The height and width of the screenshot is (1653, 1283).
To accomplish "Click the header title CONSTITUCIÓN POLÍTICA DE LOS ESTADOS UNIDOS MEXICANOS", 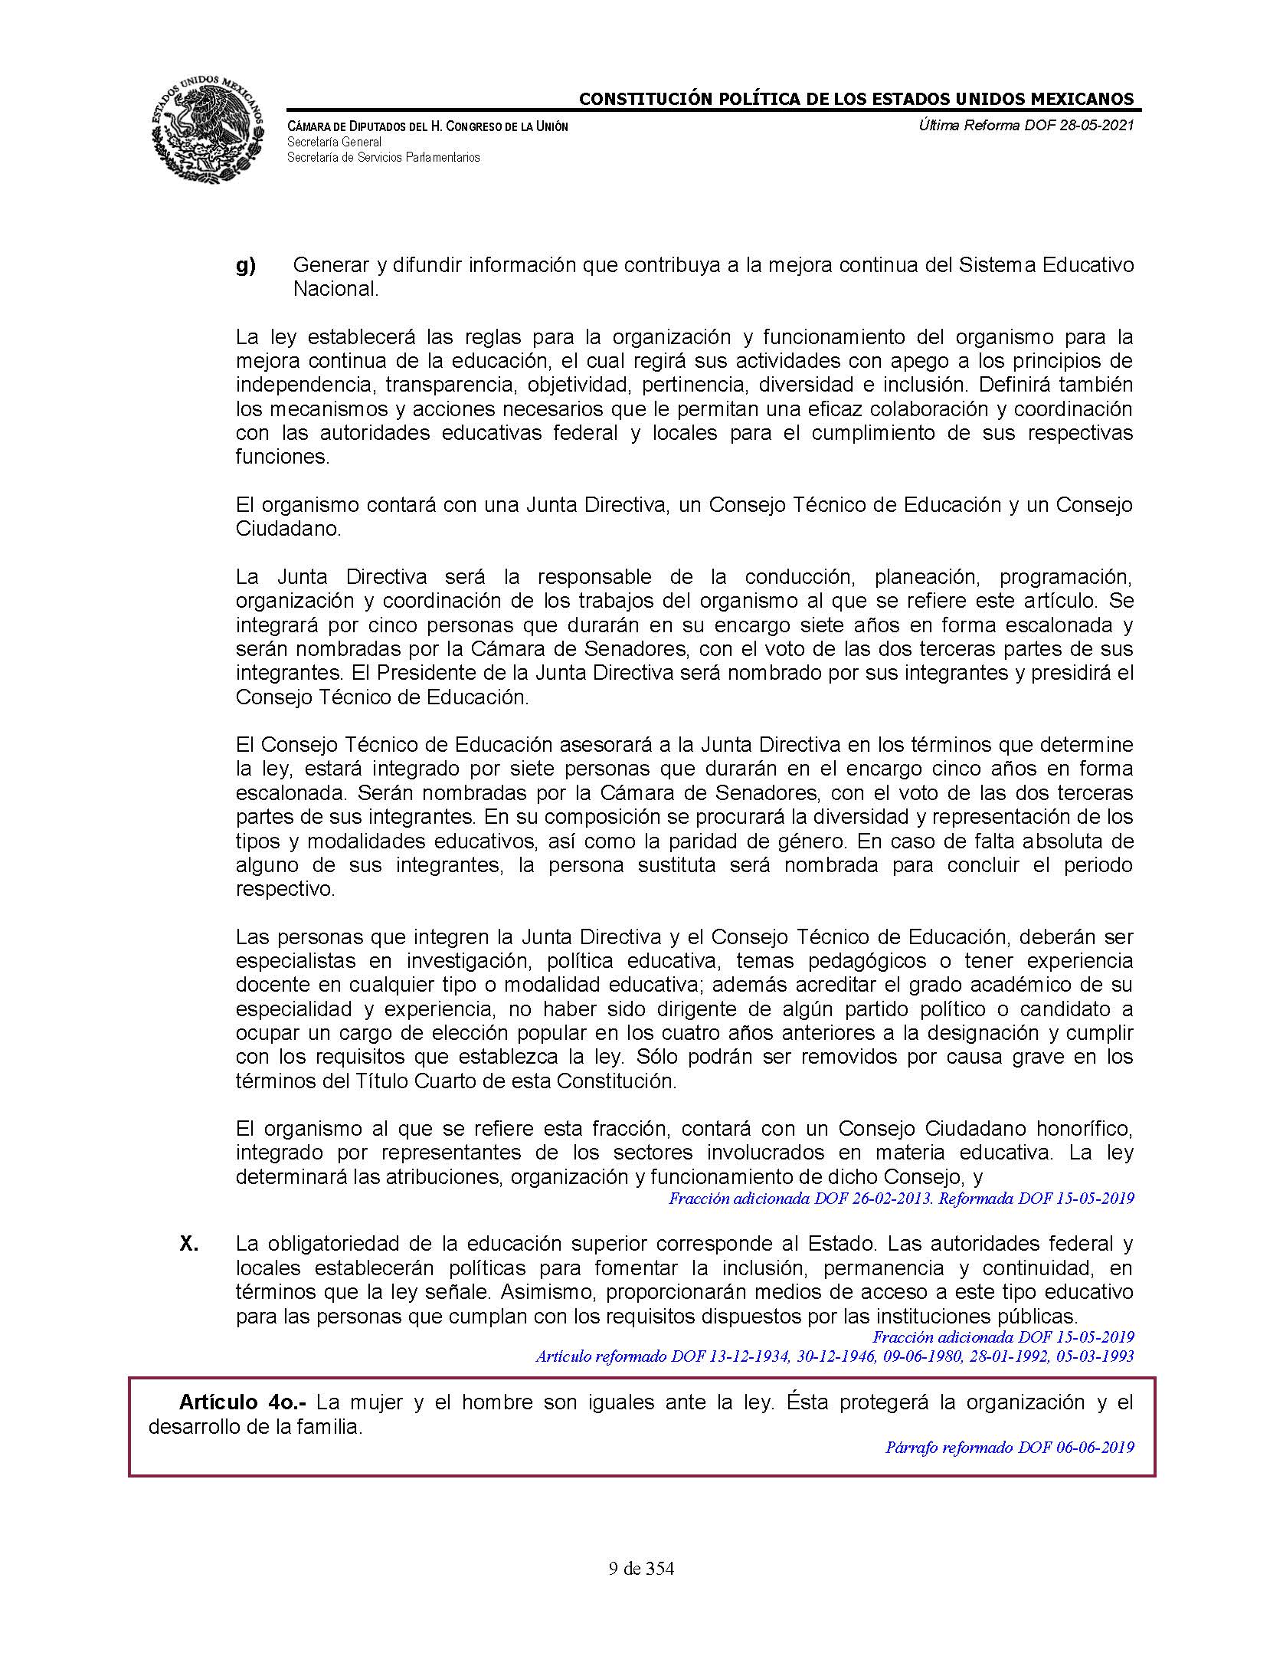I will (x=856, y=99).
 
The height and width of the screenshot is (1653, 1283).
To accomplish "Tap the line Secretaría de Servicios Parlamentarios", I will (x=383, y=157).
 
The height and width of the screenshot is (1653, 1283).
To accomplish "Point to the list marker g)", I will (x=245, y=266).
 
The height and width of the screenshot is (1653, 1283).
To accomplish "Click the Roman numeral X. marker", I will (x=189, y=1244).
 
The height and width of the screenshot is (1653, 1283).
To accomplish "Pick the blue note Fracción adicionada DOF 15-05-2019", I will (x=1003, y=1337).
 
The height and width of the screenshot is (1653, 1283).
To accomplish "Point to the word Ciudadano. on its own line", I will (x=287, y=529).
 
